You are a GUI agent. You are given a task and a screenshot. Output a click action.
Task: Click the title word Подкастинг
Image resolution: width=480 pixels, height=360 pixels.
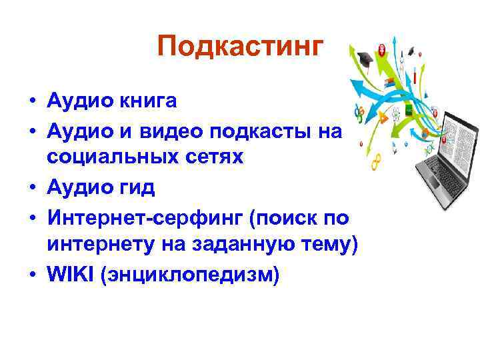point(241,47)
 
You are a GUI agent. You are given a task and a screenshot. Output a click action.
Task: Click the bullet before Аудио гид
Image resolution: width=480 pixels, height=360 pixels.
point(32,188)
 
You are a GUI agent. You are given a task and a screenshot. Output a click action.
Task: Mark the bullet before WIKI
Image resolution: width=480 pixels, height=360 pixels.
point(32,274)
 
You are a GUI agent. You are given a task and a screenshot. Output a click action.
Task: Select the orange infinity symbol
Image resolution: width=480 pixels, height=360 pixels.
point(378,161)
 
